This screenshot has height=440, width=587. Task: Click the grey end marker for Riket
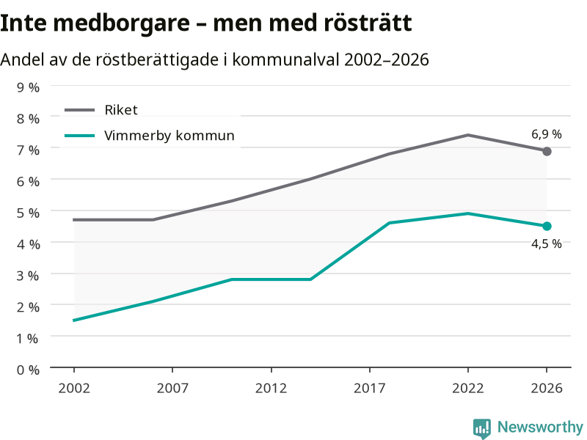tap(547, 152)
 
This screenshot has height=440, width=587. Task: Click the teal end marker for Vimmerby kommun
tap(547, 226)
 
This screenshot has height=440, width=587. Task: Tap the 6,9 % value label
tap(547, 134)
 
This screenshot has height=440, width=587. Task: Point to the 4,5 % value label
tap(547, 244)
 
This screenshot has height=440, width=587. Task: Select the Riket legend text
tap(121, 110)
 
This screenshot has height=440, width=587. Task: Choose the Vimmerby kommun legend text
tap(169, 136)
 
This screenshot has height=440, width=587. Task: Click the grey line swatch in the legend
tap(80, 110)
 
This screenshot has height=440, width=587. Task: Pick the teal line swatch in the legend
tap(80, 136)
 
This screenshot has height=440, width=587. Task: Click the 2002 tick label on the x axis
tap(74, 388)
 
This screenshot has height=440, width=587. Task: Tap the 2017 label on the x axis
tap(370, 388)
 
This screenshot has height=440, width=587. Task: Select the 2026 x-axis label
tap(547, 388)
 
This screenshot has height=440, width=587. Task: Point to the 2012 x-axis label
tap(271, 388)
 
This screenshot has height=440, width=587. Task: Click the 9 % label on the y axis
tap(28, 87)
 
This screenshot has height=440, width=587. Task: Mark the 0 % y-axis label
tap(28, 370)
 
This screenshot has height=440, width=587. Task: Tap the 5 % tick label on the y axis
tap(28, 213)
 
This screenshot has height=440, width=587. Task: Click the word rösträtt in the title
tap(368, 23)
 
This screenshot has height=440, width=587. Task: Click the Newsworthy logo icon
tap(482, 428)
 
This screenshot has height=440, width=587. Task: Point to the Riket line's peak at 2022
tap(468, 135)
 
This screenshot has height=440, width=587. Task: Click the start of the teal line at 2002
tap(74, 320)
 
